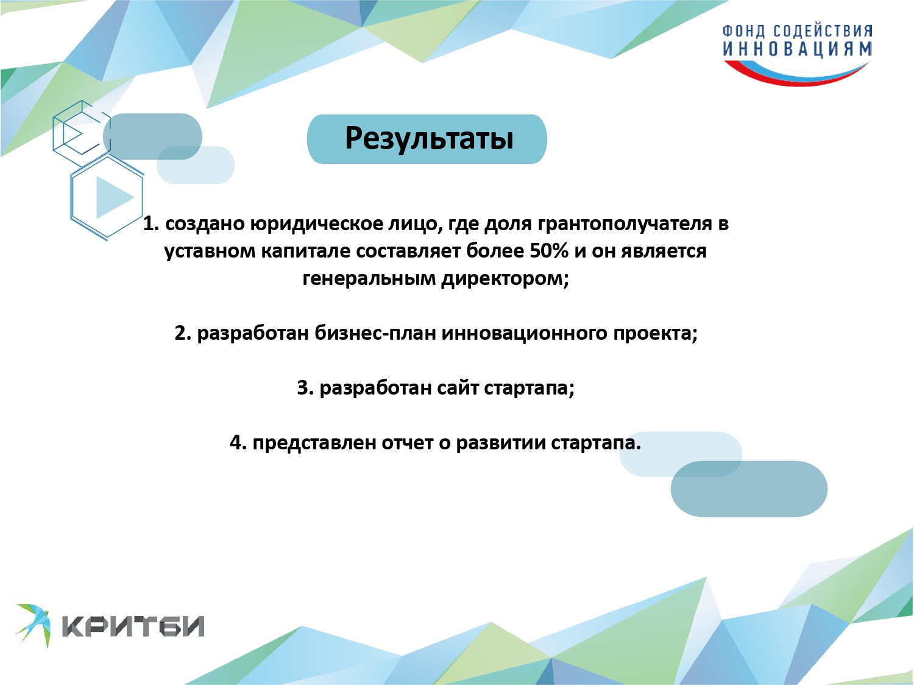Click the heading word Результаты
[429, 138]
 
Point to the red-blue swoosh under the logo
[798, 73]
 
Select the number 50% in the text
[549, 251]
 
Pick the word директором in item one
[505, 278]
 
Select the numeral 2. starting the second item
[183, 333]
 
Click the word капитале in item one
[305, 251]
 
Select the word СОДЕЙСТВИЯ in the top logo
[823, 31]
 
